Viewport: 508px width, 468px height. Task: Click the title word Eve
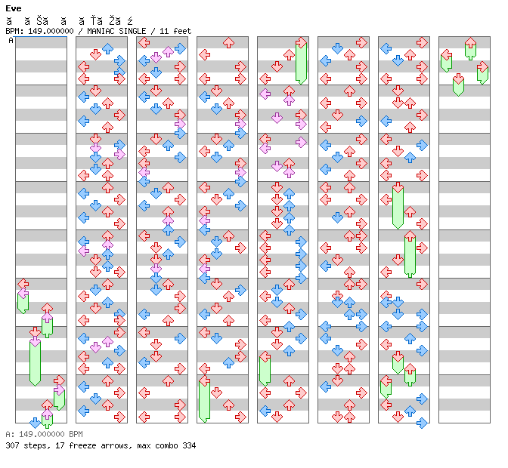[12, 8]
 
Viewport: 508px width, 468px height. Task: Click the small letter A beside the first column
[11, 41]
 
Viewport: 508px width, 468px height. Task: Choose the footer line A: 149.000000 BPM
[43, 435]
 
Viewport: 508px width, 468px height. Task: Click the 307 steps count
[23, 445]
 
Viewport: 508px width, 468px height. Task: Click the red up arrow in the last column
[470, 42]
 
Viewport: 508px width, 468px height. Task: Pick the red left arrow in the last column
[446, 54]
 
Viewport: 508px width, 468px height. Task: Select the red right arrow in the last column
[482, 66]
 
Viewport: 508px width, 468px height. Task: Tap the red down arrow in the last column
[458, 79]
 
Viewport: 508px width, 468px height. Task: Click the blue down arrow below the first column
[35, 423]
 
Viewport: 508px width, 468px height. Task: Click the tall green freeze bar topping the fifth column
[301, 63]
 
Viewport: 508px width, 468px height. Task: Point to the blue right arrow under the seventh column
[422, 423]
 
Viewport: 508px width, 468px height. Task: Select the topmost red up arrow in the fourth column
[228, 42]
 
